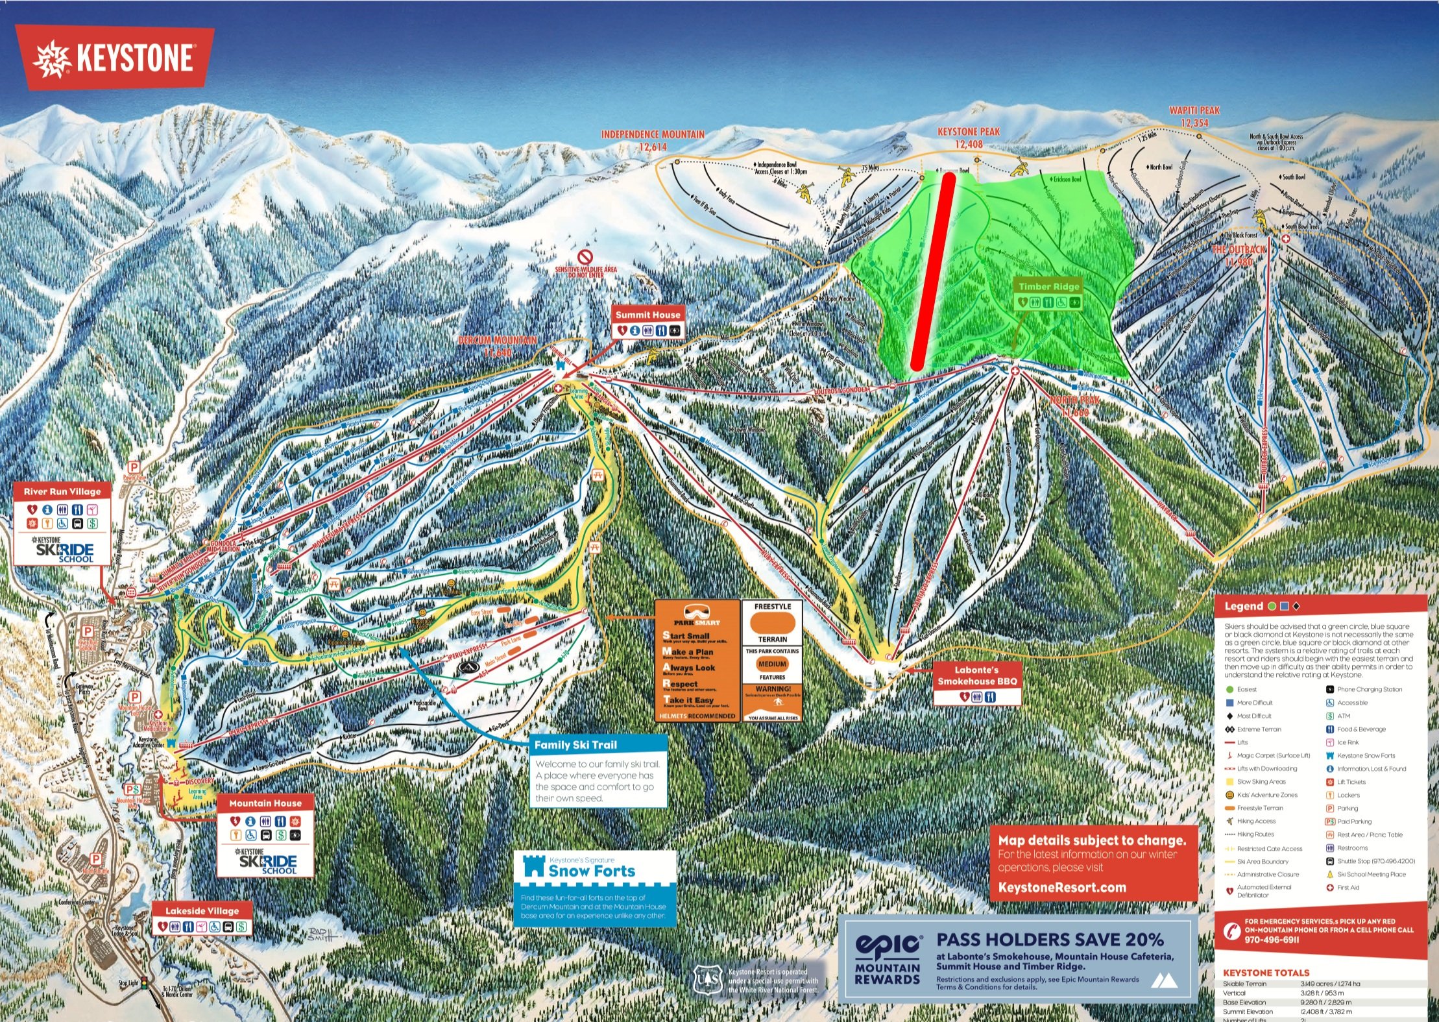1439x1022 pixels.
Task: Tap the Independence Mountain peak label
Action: (x=652, y=140)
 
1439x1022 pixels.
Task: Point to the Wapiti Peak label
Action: (x=1194, y=116)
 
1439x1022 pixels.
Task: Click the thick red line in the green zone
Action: (x=932, y=273)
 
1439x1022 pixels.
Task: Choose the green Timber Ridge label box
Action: (x=1048, y=286)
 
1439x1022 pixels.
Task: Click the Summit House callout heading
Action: (x=647, y=315)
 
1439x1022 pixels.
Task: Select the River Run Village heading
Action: (x=62, y=491)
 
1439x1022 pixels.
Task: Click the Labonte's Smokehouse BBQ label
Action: (x=977, y=675)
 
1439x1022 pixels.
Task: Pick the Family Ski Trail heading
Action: (x=575, y=745)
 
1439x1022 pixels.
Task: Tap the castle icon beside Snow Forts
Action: (x=533, y=866)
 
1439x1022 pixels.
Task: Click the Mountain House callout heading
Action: (x=265, y=803)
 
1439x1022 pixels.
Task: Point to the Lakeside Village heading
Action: (x=202, y=910)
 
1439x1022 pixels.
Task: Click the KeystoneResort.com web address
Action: (x=1062, y=887)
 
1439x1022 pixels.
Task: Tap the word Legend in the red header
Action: (x=1243, y=606)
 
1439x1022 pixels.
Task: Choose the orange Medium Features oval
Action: (x=771, y=664)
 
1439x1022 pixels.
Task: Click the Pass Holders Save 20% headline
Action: (x=1050, y=939)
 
